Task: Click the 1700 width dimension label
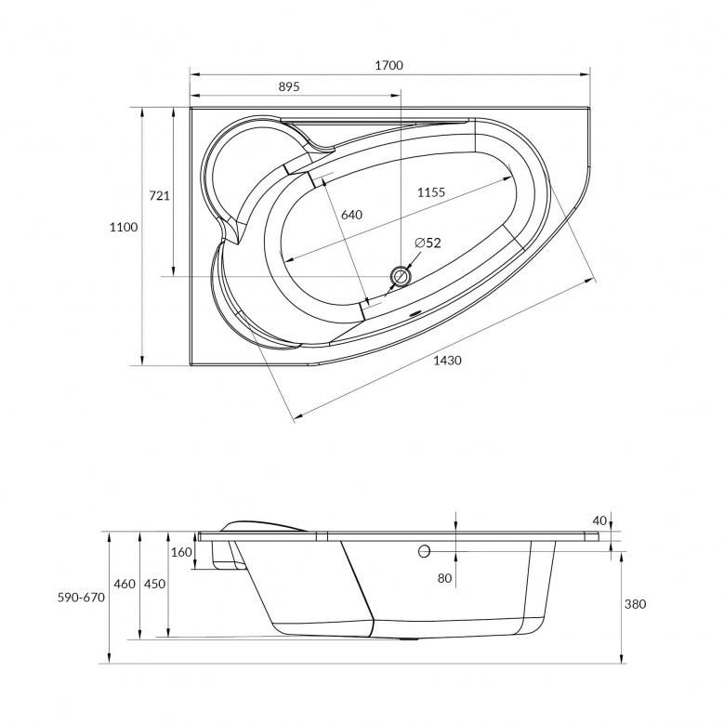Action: tap(388, 66)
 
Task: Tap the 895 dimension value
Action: tap(289, 86)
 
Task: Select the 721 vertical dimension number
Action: tap(159, 196)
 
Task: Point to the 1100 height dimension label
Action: tap(124, 227)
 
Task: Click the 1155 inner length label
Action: tap(431, 192)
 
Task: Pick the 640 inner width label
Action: tap(352, 215)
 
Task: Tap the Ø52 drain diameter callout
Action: tap(428, 243)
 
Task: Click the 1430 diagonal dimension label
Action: tap(447, 361)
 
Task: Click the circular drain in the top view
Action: tap(401, 277)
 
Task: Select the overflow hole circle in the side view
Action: tap(424, 551)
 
